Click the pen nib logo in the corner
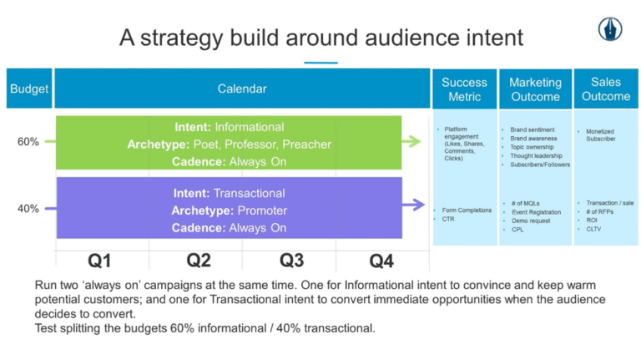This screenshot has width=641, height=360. tap(610, 29)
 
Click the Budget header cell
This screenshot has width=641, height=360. tap(29, 89)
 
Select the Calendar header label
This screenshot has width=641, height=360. tap(242, 89)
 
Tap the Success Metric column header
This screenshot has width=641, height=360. tap(464, 89)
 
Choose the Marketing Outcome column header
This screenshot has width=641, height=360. tap(535, 89)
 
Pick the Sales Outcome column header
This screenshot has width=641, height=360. tap(606, 89)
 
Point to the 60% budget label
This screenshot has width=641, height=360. tap(28, 142)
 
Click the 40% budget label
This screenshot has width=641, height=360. tap(28, 208)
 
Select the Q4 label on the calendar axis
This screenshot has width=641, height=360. tap(381, 261)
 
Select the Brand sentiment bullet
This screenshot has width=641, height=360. tap(532, 130)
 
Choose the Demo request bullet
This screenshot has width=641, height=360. tap(529, 221)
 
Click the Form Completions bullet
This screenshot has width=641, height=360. tap(467, 210)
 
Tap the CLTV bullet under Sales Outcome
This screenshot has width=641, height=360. tap(593, 229)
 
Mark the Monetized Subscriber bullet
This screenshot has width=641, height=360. tap(601, 135)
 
